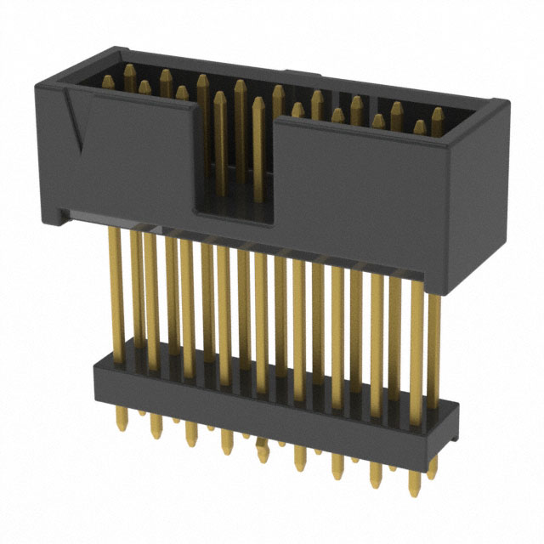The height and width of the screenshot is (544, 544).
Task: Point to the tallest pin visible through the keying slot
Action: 241,136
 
